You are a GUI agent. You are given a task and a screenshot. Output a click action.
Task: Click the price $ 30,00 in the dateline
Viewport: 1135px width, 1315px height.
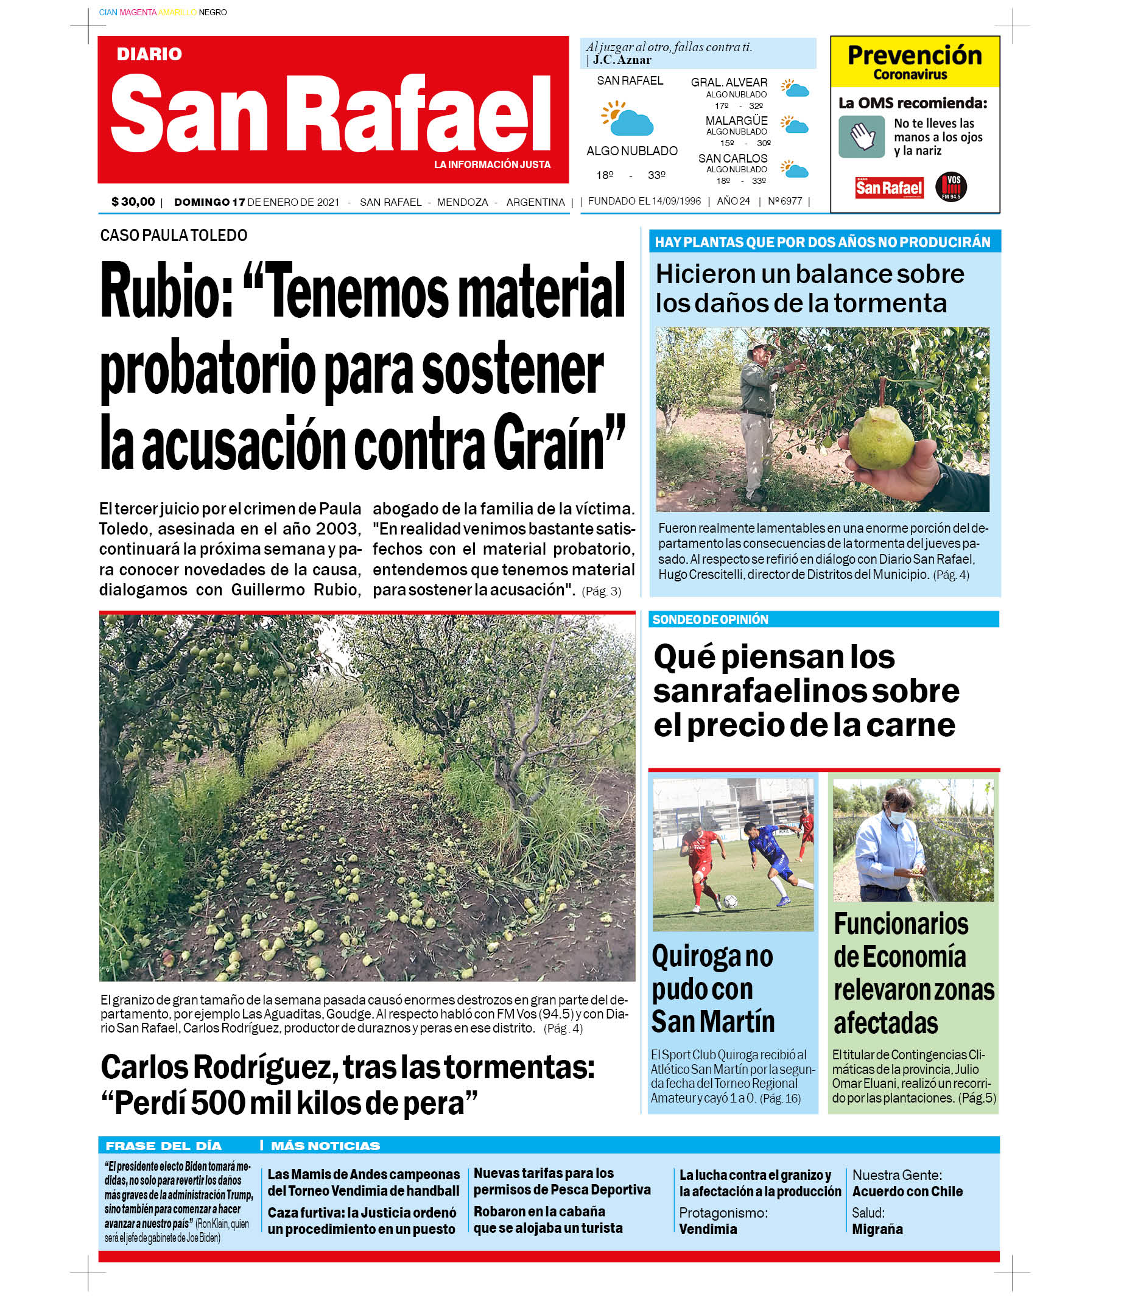[x=133, y=202]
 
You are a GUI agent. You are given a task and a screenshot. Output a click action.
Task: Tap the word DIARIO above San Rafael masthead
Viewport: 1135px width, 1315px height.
[x=149, y=54]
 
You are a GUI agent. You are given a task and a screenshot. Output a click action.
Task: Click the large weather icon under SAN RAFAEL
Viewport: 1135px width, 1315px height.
[x=627, y=119]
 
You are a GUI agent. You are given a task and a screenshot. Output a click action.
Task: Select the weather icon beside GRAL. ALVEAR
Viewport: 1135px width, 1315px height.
[x=795, y=88]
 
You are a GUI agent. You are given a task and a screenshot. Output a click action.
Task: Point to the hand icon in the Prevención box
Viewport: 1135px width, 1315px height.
[x=862, y=136]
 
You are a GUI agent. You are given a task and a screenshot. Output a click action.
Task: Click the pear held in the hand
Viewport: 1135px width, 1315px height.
[x=882, y=437]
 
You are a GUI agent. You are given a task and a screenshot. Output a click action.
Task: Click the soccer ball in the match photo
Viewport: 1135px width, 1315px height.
[x=730, y=900]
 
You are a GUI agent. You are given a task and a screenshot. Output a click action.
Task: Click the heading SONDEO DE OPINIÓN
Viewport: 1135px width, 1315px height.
[x=710, y=619]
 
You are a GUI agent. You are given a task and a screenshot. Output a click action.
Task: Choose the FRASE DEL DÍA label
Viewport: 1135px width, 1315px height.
[x=163, y=1146]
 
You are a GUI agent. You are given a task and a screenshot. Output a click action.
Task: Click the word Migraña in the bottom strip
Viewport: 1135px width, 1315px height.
[x=877, y=1229]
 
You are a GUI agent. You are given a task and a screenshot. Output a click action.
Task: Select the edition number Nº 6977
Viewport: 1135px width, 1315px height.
[x=785, y=201]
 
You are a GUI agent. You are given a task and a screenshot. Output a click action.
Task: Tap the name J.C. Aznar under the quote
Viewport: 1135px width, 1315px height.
[x=622, y=60]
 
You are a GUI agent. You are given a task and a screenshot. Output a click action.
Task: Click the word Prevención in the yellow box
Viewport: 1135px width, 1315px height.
[x=914, y=55]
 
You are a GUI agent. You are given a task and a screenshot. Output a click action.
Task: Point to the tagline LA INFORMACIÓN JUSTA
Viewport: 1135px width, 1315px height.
[x=492, y=164]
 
